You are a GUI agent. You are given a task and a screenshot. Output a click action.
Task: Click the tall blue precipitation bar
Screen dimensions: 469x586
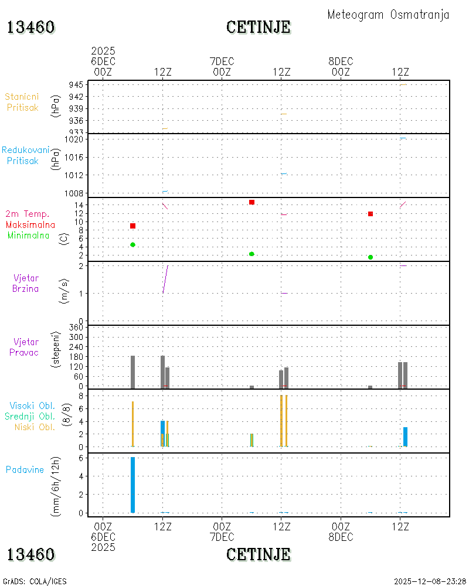(x=132, y=485)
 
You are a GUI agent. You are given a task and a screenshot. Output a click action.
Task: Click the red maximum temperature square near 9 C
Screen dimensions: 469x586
(x=132, y=226)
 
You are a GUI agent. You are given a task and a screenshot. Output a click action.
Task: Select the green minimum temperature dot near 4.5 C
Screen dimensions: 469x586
(x=132, y=245)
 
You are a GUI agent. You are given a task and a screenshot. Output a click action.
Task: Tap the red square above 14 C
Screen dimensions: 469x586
(x=252, y=202)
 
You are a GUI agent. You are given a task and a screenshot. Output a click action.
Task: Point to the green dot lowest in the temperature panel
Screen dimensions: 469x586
(x=371, y=257)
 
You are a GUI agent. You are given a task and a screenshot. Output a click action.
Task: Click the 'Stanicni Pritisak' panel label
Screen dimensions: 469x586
(x=22, y=102)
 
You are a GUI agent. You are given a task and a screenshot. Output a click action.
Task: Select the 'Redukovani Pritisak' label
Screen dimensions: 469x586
(x=25, y=155)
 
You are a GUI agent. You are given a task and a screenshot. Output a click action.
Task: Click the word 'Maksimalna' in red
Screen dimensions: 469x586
(x=30, y=225)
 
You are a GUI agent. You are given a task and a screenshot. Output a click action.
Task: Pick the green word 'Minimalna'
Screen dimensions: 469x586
(x=28, y=236)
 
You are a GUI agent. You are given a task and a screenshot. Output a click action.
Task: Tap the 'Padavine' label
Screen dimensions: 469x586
(x=25, y=470)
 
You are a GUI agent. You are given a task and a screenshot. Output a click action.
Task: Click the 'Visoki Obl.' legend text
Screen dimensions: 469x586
(x=32, y=406)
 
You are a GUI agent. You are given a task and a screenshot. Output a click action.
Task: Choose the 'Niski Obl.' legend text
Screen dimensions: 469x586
(x=35, y=427)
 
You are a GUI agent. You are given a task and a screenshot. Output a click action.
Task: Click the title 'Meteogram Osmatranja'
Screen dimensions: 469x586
(x=388, y=15)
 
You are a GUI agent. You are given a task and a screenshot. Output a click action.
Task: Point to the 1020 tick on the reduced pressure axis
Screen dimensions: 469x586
(x=74, y=139)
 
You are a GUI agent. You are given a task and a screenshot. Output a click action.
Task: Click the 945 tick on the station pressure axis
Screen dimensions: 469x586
(x=76, y=85)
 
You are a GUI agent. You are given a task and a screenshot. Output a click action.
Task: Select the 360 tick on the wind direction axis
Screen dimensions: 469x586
(x=76, y=328)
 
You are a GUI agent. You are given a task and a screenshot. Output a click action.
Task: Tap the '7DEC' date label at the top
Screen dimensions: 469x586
(x=222, y=62)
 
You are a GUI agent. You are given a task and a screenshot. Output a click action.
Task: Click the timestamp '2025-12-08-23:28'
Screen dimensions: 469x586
(x=430, y=581)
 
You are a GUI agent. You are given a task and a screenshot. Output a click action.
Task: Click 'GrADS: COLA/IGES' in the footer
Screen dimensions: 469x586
(x=35, y=581)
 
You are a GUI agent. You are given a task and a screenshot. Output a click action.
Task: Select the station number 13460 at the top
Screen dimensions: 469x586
(x=30, y=27)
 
